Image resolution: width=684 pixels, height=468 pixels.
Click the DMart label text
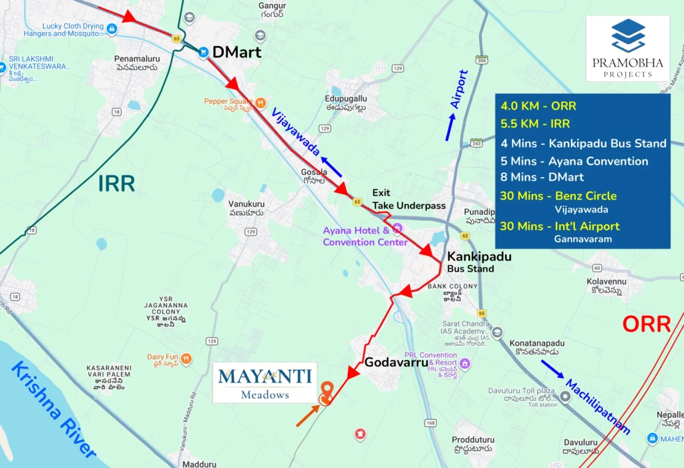(x=236, y=51)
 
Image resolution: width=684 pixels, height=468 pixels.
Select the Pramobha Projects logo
(x=627, y=49)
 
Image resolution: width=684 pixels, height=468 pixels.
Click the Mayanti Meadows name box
(x=265, y=383)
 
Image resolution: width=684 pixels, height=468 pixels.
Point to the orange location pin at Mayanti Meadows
(x=327, y=392)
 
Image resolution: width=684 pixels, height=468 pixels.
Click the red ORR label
(x=646, y=324)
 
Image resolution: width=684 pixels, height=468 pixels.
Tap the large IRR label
(x=116, y=183)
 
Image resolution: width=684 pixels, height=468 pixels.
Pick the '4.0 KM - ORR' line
(x=538, y=106)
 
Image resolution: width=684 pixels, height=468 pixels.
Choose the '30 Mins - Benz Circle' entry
(x=558, y=196)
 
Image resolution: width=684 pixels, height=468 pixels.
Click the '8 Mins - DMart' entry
(x=542, y=177)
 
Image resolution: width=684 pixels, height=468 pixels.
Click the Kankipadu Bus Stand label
(x=471, y=262)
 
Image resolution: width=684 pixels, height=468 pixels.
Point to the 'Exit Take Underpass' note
(x=408, y=200)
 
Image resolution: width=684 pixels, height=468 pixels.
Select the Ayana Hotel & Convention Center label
(x=365, y=236)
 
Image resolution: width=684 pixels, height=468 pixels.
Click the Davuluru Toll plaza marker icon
(x=564, y=397)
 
